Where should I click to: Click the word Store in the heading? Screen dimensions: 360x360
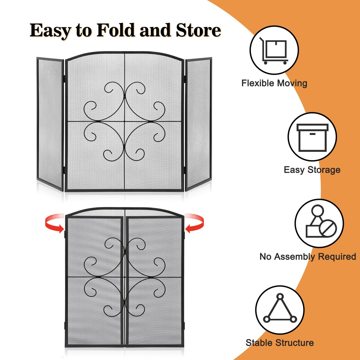(x=198, y=30)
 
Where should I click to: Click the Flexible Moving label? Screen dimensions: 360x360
(x=274, y=83)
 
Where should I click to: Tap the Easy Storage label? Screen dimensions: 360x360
(x=312, y=170)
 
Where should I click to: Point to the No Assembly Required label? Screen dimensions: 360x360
(x=307, y=256)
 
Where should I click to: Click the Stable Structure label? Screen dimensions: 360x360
(x=280, y=343)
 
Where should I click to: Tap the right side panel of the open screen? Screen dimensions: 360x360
(x=198, y=123)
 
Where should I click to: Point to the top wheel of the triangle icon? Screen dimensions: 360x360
(x=280, y=297)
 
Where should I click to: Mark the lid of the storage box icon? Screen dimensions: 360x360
(x=312, y=127)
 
